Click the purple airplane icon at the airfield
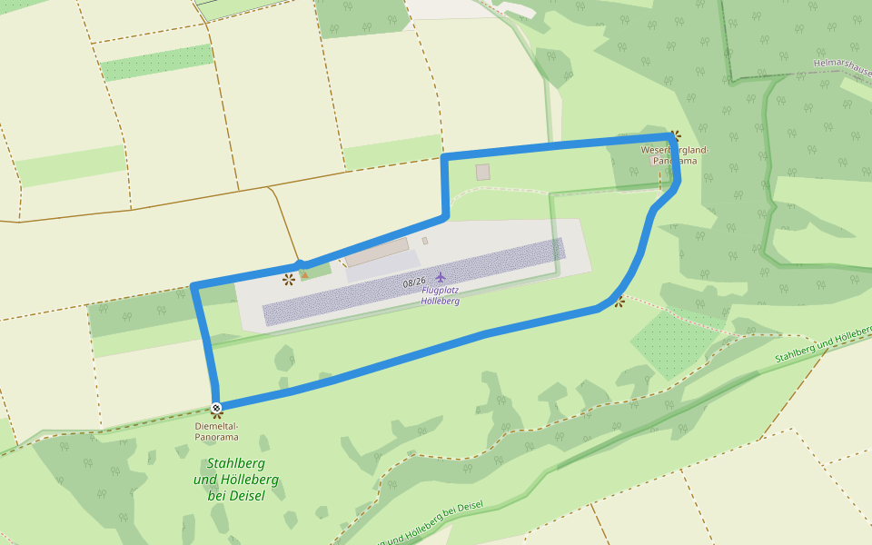point(441,276)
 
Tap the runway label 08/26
point(414,283)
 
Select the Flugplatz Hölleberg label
point(441,295)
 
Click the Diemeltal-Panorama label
point(216,431)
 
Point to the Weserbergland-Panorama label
point(674,154)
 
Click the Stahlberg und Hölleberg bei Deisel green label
point(236,479)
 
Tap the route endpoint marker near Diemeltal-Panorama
point(216,407)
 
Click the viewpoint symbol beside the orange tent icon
point(288,278)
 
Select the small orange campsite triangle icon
point(305,273)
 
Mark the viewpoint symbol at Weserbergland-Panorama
point(675,135)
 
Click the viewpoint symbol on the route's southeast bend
point(619,301)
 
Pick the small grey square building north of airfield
point(482,172)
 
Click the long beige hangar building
point(376,252)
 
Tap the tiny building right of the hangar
point(424,241)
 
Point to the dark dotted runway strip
point(413,281)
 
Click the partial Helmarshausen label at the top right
point(842,65)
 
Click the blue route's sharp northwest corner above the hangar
point(444,159)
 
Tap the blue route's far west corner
point(194,286)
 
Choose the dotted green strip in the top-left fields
point(156,63)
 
